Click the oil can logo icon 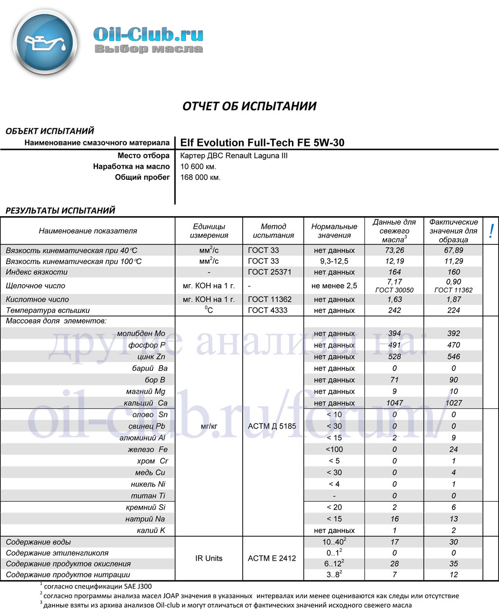tap(45, 43)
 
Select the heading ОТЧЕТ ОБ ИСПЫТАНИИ tap(249, 106)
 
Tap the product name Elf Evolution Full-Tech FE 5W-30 tap(262, 142)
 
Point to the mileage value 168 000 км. tap(200, 177)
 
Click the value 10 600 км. tap(198, 166)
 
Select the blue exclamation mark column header tap(491, 231)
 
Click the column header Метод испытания tap(273, 231)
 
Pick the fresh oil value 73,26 tap(394, 250)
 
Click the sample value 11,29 tap(453, 261)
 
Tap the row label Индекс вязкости tap(37, 272)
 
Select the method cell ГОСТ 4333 tap(268, 310)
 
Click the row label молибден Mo tap(141, 333)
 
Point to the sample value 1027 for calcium tap(453, 403)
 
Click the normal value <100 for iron tap(334, 449)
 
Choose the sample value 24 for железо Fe tap(453, 449)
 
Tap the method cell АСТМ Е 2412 tap(272, 558)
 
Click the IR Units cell tap(209, 558)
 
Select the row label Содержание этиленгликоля tap(57, 553)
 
